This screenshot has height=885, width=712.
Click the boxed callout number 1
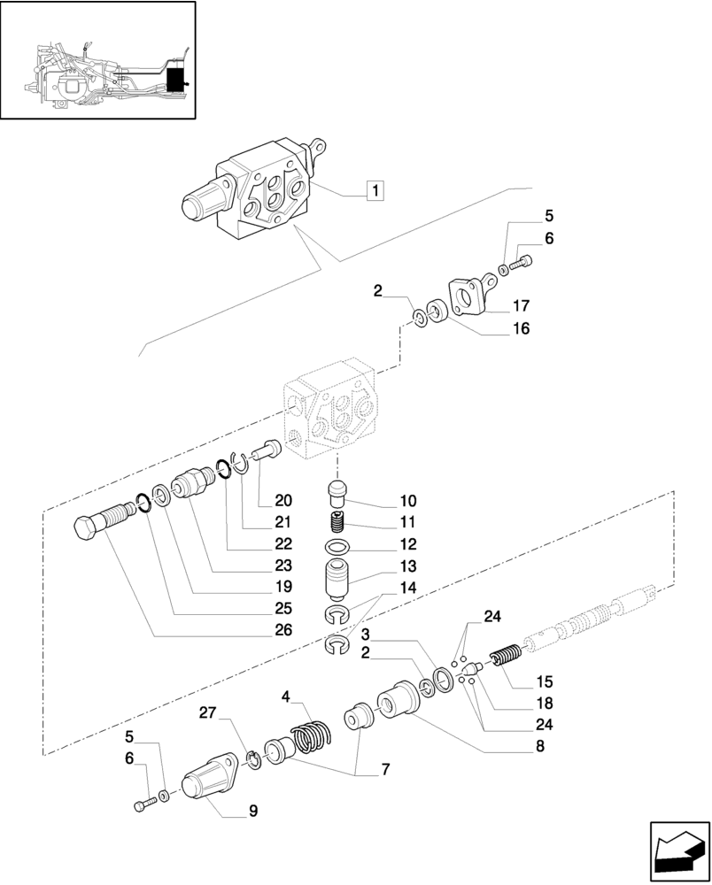point(375,189)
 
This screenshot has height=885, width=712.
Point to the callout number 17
point(521,307)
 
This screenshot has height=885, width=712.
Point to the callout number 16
point(521,328)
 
